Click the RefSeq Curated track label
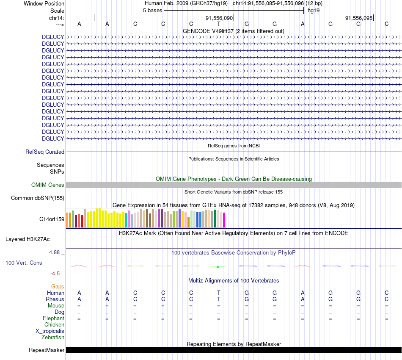point(45,152)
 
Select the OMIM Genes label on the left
point(48,185)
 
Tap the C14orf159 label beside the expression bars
point(52,219)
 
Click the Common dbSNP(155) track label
point(38,198)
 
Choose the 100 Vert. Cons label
point(24,263)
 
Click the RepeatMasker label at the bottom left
point(47,350)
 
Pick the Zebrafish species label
point(53,338)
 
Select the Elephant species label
point(53,318)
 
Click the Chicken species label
point(54,325)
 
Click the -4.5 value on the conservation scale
point(56,274)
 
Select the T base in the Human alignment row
point(219,293)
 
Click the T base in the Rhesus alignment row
point(219,299)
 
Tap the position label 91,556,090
point(219,18)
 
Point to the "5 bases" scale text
point(152,11)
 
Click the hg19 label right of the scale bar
point(314,11)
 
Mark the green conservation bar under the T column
point(218,267)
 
